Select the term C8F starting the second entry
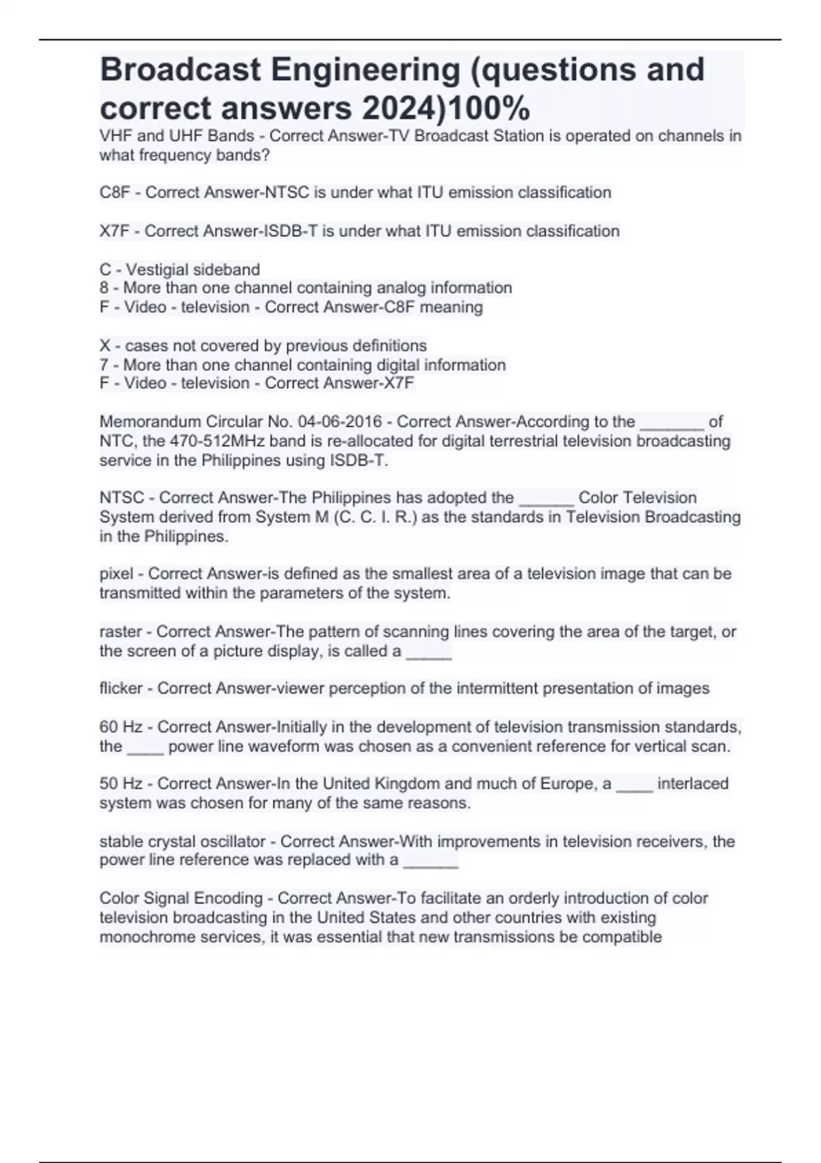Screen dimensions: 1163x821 (114, 193)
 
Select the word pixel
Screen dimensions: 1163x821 (116, 574)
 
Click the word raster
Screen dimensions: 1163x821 (120, 632)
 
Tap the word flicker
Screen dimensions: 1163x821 (121, 688)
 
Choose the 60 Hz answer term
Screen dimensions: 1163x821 (120, 727)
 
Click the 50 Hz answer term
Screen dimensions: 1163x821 (120, 784)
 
